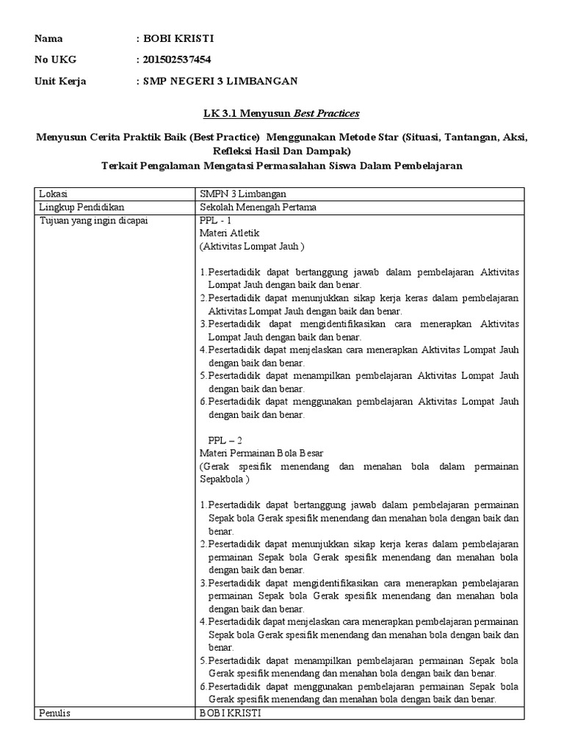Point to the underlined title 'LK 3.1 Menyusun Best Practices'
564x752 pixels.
coord(281,113)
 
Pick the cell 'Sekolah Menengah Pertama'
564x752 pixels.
coord(258,207)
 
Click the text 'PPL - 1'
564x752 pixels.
coord(215,220)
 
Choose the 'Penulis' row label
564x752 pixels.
coord(55,712)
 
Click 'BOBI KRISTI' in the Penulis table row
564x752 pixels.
coord(229,712)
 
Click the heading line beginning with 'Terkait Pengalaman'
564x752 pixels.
coord(281,166)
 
